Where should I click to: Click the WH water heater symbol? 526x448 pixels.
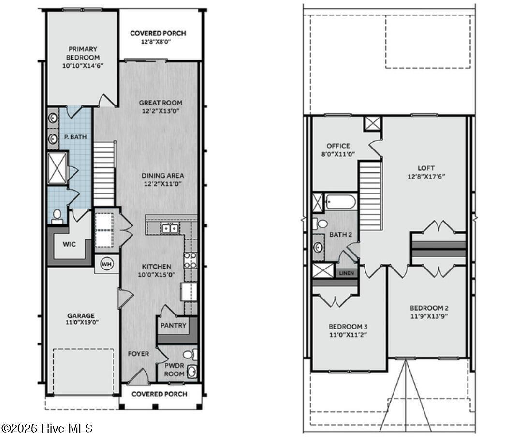pos(106,264)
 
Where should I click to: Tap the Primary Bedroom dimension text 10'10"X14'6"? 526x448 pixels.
pos(83,65)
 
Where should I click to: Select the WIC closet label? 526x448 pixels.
pos(69,244)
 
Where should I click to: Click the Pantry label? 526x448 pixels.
pos(173,325)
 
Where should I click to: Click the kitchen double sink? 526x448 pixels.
pos(169,228)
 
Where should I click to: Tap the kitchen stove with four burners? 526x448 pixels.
pos(190,260)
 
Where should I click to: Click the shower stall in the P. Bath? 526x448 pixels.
pos(58,168)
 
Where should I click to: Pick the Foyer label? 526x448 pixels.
pos(138,354)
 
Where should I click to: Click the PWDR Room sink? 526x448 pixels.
pos(192,372)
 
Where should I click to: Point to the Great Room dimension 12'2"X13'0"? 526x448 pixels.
pos(161,111)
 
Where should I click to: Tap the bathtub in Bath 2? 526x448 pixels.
pos(340,201)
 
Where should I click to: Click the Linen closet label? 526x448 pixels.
pos(346,273)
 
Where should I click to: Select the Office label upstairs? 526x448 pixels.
pos(338,146)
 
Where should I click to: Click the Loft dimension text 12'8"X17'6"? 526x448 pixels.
pos(425,176)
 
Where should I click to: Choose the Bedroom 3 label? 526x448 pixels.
pos(348,326)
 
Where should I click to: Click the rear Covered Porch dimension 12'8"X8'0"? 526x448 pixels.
pos(158,42)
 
